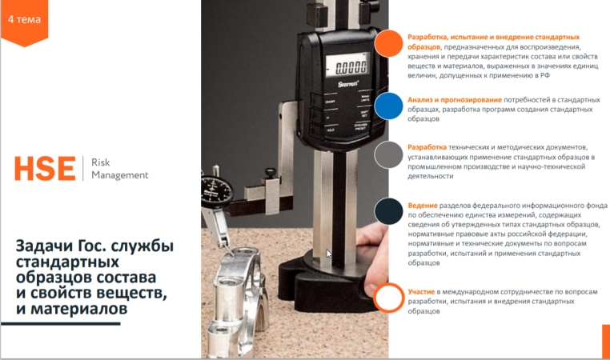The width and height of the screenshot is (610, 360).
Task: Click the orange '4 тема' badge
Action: point(24,22)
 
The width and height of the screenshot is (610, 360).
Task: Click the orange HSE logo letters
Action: point(45,169)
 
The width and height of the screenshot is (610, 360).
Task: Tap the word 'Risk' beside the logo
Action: point(100,162)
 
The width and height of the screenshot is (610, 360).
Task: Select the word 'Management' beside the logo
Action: point(120,175)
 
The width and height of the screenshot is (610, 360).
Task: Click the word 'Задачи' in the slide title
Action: point(45,246)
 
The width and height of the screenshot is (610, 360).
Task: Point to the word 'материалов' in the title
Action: point(79,309)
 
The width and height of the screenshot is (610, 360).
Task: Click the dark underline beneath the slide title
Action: point(60,323)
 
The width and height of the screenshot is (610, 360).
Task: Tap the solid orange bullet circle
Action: point(388,43)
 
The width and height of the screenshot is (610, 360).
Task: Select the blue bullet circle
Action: point(388,106)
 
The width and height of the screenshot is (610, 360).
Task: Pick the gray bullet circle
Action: point(388,154)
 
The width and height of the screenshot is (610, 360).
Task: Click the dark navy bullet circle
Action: point(388,211)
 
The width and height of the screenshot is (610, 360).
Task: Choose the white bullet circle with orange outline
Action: point(389,298)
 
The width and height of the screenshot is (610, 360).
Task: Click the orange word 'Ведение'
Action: point(423,206)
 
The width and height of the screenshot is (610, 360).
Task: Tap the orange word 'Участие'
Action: point(421,291)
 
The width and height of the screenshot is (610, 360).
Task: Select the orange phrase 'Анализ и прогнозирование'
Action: point(455,100)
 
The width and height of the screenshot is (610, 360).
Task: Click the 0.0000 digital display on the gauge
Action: point(346,66)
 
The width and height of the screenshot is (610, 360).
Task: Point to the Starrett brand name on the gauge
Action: point(348,84)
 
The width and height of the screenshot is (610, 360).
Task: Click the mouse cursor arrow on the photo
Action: point(329,254)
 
